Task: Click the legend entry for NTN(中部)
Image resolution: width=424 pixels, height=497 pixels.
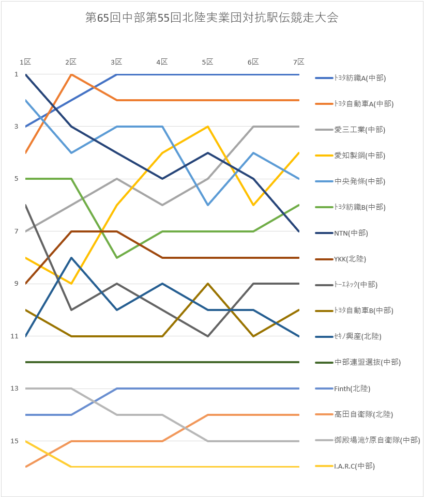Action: pos(351,233)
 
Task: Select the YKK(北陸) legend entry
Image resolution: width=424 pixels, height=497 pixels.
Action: pos(350,259)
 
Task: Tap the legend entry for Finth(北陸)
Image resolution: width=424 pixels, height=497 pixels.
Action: pos(352,389)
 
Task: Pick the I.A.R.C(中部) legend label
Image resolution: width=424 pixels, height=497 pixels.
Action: pos(354,466)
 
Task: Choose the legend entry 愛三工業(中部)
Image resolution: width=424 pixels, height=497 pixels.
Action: pos(360,130)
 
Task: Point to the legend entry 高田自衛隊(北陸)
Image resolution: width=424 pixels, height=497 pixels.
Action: pos(364,414)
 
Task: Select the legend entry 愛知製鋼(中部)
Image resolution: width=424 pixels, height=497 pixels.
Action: pos(360,156)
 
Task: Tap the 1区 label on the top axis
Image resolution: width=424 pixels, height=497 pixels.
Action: pos(25,62)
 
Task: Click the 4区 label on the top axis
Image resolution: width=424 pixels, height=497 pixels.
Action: pos(162,62)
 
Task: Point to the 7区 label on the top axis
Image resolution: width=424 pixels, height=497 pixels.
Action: pos(298,62)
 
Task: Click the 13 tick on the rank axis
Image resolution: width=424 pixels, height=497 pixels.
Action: pos(16,389)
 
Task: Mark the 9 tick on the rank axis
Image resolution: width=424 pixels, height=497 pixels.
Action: pos(16,284)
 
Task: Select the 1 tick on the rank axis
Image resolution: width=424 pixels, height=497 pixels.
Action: pos(16,74)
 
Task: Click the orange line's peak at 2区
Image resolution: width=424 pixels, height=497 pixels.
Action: pos(71,74)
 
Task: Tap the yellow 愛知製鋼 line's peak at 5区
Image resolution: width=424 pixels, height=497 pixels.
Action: pos(208,127)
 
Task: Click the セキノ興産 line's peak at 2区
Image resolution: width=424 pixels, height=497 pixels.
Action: pos(71,257)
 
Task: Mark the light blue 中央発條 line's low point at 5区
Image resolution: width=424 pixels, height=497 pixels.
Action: pos(208,205)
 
